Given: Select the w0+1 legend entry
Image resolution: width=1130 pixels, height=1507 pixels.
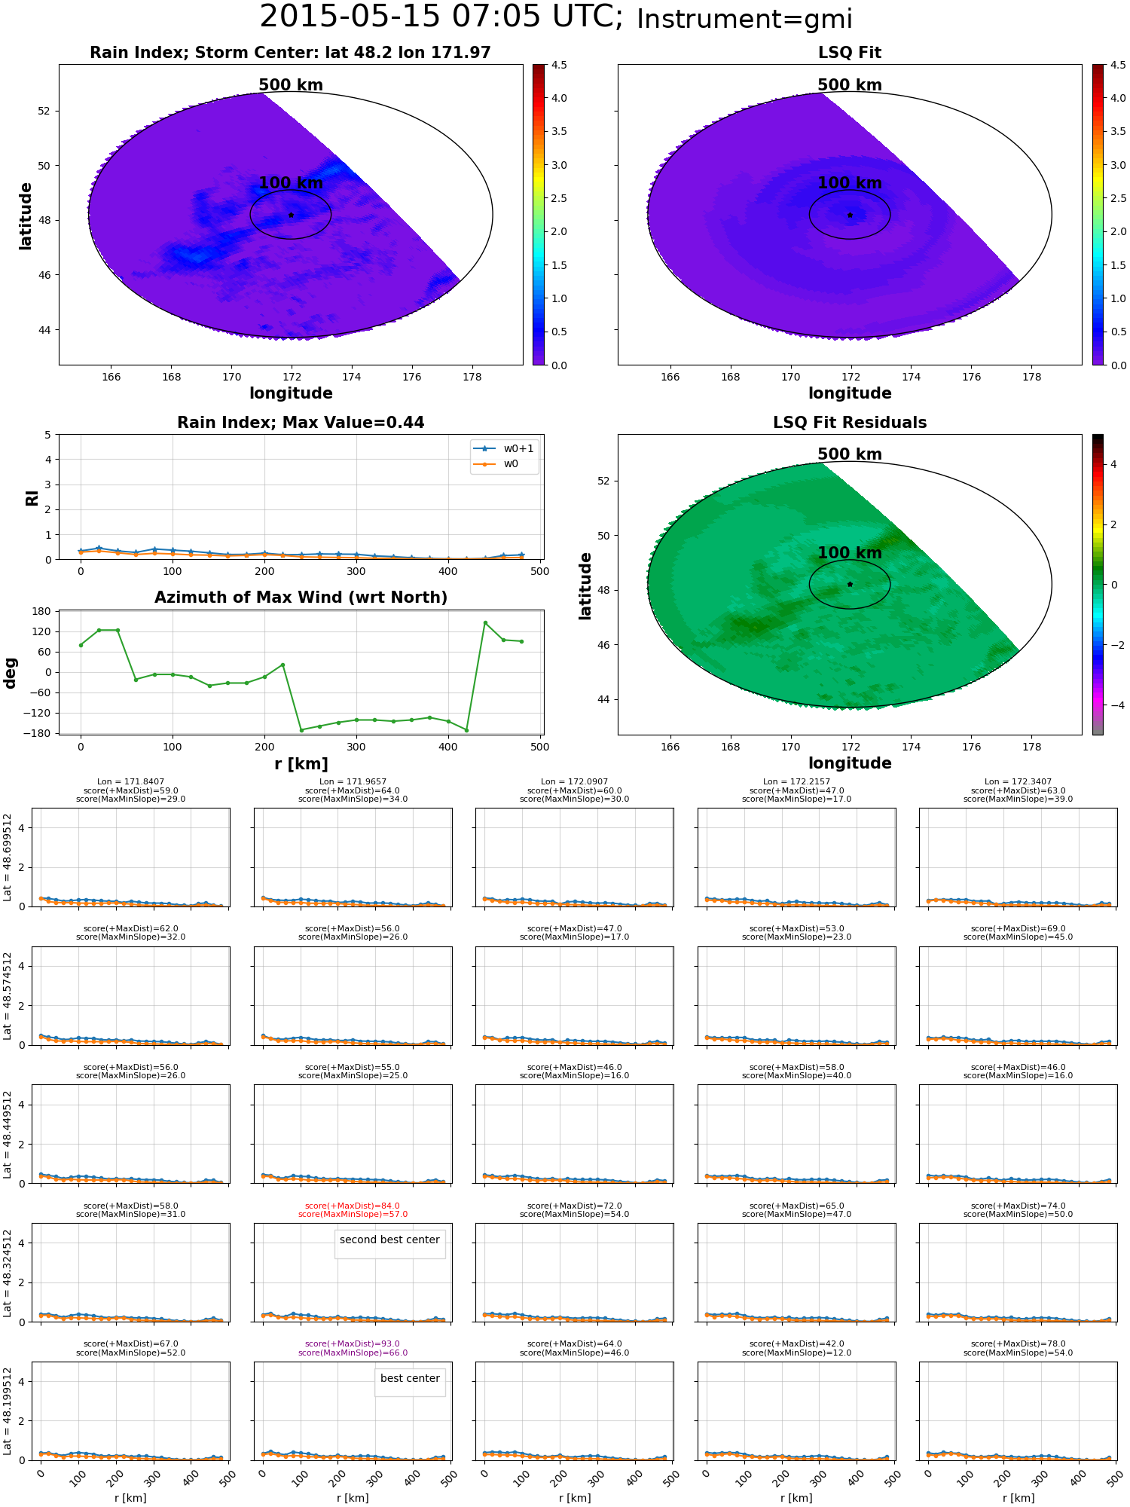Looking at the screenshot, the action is point(504,448).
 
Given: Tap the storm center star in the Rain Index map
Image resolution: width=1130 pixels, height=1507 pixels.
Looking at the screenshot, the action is point(291,215).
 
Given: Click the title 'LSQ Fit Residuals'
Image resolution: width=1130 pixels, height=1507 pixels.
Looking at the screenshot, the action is point(850,423).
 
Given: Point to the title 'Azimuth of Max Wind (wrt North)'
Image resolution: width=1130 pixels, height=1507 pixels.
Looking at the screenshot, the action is point(301,598).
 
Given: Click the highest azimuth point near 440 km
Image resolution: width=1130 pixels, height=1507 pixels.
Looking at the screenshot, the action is point(485,622).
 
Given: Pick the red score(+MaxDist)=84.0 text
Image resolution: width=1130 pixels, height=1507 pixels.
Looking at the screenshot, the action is point(353,1206).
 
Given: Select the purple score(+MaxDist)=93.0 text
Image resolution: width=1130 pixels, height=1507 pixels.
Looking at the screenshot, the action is point(353,1344).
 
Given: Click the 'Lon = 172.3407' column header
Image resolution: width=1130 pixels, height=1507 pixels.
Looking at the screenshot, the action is point(1018,782).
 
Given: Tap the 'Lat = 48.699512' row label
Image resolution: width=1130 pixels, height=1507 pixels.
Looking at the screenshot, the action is point(8,857).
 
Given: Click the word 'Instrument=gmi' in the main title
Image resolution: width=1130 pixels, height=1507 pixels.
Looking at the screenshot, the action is point(744,20).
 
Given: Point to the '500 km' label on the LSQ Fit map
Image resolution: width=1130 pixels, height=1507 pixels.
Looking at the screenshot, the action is point(850,85).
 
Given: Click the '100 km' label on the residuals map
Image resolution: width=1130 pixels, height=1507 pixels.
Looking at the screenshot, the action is point(850,553).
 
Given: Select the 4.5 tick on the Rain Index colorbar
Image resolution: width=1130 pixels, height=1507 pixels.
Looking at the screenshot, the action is point(559,65).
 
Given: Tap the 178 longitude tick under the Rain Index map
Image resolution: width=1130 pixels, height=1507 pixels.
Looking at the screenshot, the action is point(472,377).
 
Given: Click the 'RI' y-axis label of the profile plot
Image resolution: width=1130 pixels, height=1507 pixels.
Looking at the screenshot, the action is point(32,497).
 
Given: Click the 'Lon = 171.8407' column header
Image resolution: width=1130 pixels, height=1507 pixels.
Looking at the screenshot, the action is point(130,782).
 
